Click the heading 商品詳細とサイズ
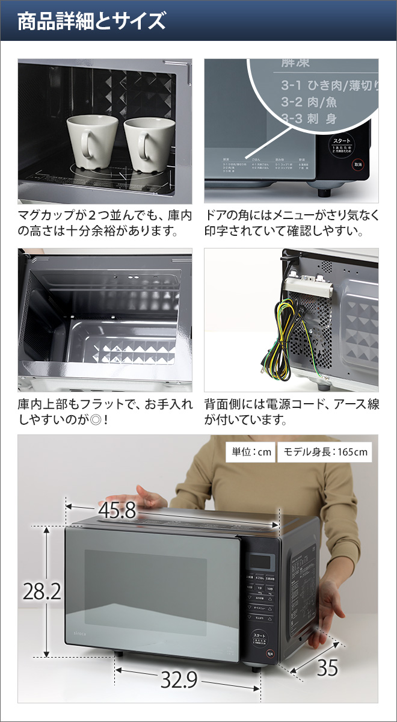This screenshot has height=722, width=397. click(91, 22)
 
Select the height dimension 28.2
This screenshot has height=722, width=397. click(42, 592)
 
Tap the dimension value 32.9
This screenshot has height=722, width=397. click(179, 679)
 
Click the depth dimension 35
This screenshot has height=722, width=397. click(328, 668)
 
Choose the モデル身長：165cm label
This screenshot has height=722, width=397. click(325, 452)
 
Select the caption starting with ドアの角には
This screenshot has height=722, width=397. click(292, 223)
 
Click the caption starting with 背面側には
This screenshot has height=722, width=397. click(292, 412)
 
